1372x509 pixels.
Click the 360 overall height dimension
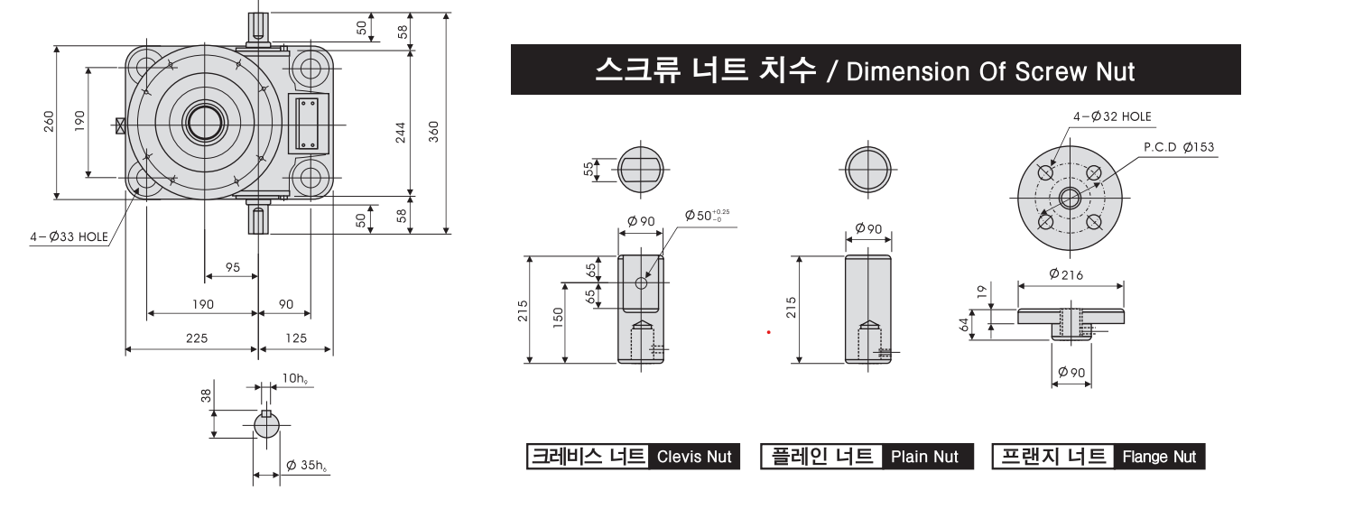[433, 132]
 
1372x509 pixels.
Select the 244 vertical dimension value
[401, 133]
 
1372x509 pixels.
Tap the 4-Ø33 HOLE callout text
[70, 236]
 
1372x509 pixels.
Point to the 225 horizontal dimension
[197, 338]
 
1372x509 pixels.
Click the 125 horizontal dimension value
[296, 338]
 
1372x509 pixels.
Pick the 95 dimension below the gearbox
[233, 267]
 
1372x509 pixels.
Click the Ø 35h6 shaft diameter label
[306, 466]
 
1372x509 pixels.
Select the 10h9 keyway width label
[294, 378]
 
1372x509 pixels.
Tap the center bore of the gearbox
[205, 124]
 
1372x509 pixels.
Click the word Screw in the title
[1050, 71]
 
